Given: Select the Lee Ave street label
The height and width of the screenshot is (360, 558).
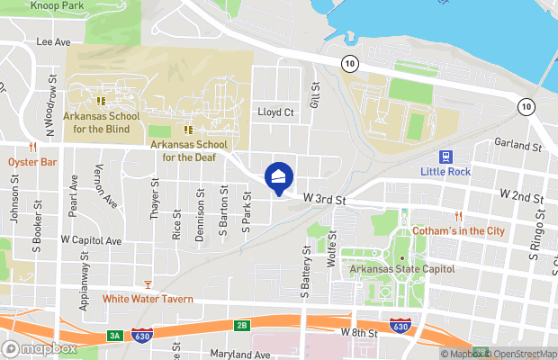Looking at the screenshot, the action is pos(53,41).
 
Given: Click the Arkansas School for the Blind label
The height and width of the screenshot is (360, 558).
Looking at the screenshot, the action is pos(102,122).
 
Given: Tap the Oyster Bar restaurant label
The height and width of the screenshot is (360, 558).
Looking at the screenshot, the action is pos(32,162).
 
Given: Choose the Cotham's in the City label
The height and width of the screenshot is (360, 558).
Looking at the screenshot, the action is pos(458,231).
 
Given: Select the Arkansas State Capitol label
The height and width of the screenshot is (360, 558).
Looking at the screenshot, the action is pos(402,269).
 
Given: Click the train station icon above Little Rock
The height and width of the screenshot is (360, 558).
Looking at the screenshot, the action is pos(445,156).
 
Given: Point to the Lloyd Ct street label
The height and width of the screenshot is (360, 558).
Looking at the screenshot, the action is pos(276,112).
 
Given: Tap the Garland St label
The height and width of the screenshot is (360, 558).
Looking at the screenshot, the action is pos(517,145).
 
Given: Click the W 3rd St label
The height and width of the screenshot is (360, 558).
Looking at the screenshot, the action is pos(324,197).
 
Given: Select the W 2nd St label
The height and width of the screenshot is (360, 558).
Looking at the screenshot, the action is pos(522,195).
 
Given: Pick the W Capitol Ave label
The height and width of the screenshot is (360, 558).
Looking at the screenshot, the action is pos(91,241).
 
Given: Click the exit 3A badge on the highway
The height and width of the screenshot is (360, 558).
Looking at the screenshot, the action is pos(114,336).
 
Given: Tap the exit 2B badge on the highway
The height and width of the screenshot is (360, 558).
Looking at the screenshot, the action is pos(241,325).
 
